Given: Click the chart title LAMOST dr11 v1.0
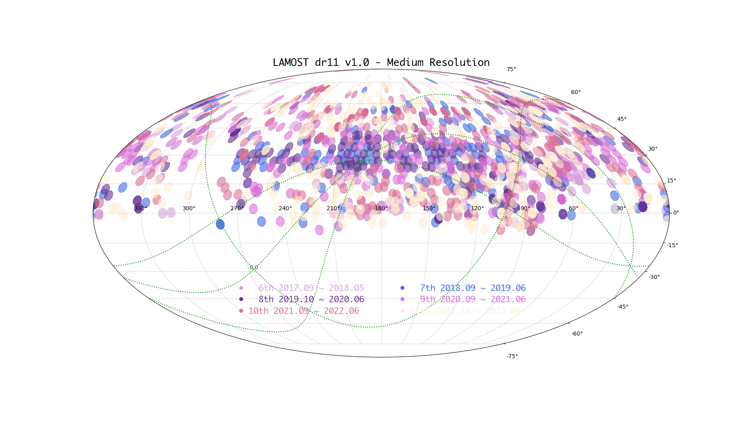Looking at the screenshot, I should point(381,63).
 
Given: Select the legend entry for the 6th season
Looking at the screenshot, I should point(311,288).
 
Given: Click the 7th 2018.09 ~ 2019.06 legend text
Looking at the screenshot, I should point(473,288).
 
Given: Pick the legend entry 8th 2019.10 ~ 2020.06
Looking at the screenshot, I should point(311,299).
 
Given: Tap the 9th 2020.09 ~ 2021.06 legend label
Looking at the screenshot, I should point(473,299).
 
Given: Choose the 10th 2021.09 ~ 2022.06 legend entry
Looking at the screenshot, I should point(304,311).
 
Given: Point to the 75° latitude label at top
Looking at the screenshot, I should point(511,70).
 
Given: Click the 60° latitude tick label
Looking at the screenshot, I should point(576,92).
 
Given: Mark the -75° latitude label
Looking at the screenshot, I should point(512,356).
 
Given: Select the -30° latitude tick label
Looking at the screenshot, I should point(654,277).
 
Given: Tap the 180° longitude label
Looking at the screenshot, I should point(381,208).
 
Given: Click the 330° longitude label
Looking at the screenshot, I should point(141,208).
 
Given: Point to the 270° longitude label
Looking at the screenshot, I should point(237,208).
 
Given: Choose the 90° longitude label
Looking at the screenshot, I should point(525,208).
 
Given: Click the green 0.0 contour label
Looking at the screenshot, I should point(254,268).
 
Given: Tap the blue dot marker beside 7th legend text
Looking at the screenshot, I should point(402,288).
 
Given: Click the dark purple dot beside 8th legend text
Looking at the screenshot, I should point(241,299).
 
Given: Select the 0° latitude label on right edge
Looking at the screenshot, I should point(676,213).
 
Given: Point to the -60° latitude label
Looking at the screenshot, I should point(577,334).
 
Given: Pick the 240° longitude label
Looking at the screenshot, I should point(285,208).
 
